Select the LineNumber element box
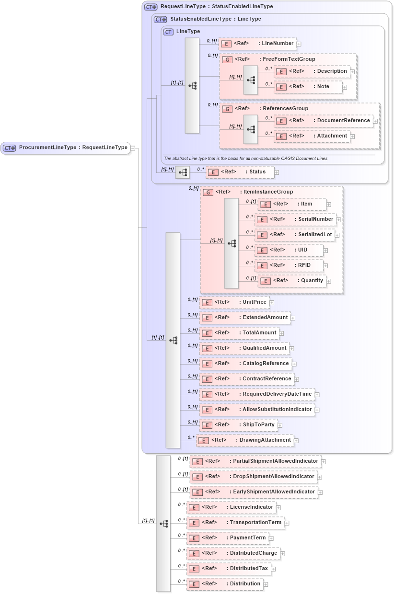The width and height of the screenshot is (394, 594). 257,43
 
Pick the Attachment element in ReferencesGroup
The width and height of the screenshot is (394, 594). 312,136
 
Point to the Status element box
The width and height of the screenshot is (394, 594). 240,171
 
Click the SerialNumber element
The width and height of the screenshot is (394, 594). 295,219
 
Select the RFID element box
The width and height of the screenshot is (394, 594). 289,265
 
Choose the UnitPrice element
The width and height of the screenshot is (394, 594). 234,302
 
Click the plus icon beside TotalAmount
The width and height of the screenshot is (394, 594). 282,333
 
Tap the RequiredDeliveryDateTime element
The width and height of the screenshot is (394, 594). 257,394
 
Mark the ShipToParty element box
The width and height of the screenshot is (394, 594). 238,425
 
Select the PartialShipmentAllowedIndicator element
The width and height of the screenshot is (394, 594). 255,461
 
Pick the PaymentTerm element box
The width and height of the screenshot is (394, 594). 227,538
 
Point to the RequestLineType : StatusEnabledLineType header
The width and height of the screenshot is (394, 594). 216,7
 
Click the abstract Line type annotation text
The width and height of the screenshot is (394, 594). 245,158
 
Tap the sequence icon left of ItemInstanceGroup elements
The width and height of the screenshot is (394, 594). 232,243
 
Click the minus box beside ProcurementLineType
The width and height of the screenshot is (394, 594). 133,148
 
